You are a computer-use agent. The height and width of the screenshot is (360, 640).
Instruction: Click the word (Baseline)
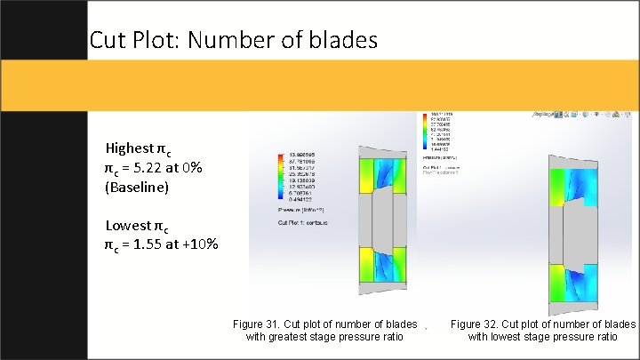pyautogui.click(x=137, y=188)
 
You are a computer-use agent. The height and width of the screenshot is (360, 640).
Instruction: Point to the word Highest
pyautogui.click(x=129, y=148)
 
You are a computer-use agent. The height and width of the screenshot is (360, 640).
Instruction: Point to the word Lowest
pyautogui.click(x=128, y=225)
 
